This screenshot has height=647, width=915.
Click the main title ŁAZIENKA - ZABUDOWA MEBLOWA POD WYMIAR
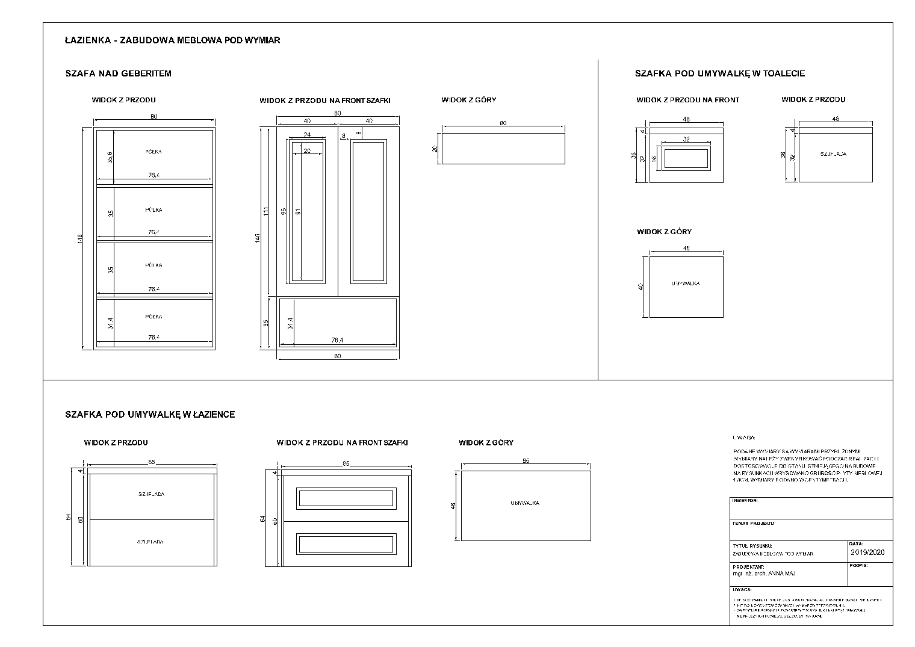172,40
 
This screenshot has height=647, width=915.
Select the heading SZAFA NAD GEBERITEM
118,73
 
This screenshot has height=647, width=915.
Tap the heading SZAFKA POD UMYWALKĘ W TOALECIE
719,73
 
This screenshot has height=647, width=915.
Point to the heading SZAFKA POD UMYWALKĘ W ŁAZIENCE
150,414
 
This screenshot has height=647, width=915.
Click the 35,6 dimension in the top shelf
110,157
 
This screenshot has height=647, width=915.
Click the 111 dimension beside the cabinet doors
265,212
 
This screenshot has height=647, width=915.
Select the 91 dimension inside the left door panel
298,212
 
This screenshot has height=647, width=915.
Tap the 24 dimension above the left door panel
307,135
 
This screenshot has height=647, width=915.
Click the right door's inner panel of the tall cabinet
368,212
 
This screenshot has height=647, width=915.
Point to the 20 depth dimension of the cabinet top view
435,149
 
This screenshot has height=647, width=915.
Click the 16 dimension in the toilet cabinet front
655,159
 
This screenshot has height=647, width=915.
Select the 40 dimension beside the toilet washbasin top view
640,286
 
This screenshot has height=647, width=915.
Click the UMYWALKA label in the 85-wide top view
525,503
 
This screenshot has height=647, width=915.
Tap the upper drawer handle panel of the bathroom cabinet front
346,498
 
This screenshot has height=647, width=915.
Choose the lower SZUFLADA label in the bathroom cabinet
150,542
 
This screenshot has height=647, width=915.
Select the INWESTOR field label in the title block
745,500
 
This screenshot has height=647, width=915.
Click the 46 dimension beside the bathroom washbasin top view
453,506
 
